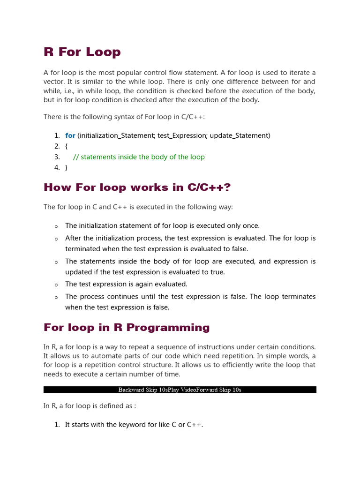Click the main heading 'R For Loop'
(82, 52)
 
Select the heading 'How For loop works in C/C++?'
(137, 187)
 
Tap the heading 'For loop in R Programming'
(127, 327)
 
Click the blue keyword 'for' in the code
(70, 135)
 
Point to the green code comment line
(139, 157)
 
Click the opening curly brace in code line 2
(67, 146)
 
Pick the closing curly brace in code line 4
(67, 168)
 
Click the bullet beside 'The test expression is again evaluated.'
(56, 285)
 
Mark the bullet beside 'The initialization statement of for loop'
(56, 226)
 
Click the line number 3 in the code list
(57, 157)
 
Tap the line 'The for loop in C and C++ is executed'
(138, 207)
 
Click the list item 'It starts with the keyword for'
(134, 425)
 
